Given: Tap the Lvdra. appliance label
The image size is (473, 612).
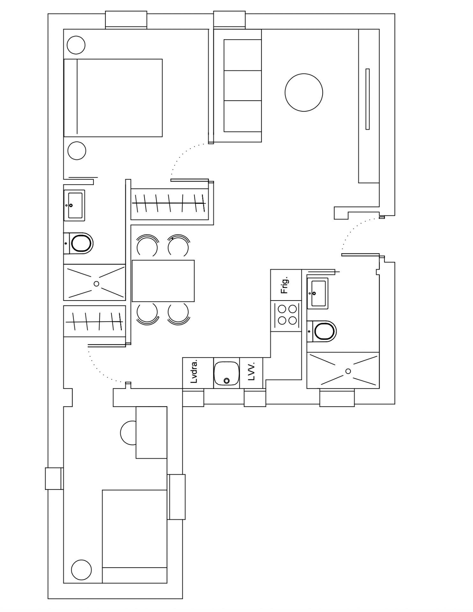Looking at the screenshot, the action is (194, 372).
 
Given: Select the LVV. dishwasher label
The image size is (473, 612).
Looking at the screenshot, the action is (251, 371).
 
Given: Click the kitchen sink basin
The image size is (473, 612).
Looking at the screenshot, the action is (227, 373).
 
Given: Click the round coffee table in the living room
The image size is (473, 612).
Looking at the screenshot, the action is (304, 92).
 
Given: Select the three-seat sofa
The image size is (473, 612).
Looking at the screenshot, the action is (237, 85).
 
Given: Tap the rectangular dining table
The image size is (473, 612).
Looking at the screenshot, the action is (163, 281).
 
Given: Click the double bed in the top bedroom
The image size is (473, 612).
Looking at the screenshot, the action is (113, 98).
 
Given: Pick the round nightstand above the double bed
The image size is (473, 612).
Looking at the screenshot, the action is (76, 45).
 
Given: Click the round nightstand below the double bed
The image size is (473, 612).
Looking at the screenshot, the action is (77, 151).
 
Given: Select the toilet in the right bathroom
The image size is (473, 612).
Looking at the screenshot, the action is (322, 331).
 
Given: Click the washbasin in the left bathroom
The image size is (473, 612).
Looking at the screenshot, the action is (75, 205).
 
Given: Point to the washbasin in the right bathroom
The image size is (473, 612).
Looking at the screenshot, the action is (317, 293).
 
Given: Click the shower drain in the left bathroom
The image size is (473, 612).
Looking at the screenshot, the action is (96, 284).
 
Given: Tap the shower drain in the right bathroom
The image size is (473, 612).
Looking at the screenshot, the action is (348, 371).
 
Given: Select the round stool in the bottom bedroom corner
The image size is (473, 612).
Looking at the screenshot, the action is (81, 570).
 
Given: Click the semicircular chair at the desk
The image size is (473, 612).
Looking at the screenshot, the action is (128, 433).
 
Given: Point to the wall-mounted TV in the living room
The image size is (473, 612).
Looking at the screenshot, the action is (367, 99).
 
